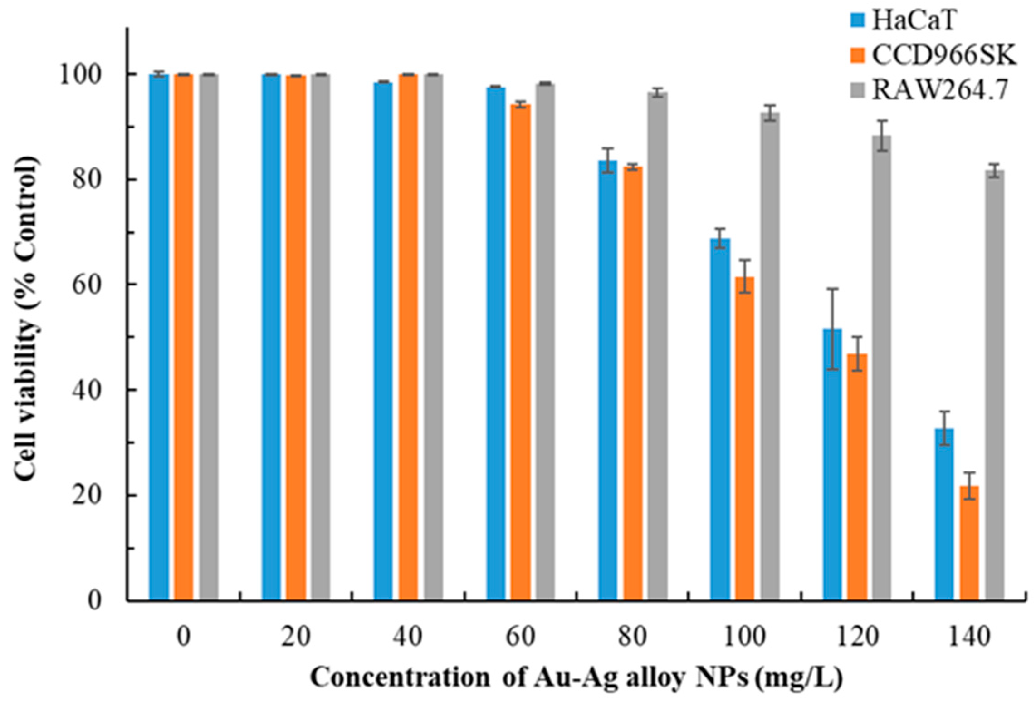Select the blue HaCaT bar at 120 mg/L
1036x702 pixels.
click(832, 465)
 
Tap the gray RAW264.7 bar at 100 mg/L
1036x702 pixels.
click(770, 358)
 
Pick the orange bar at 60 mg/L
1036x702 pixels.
click(520, 354)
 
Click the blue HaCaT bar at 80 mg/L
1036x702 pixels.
click(607, 381)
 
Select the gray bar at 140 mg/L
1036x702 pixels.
click(994, 386)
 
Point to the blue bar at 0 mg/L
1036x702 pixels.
click(159, 338)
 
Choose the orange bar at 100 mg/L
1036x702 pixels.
click(745, 440)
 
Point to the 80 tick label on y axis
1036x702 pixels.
click(86, 180)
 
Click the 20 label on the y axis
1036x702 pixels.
click(86, 496)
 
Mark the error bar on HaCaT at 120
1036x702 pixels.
click(832, 329)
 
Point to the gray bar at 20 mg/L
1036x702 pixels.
click(320, 338)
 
